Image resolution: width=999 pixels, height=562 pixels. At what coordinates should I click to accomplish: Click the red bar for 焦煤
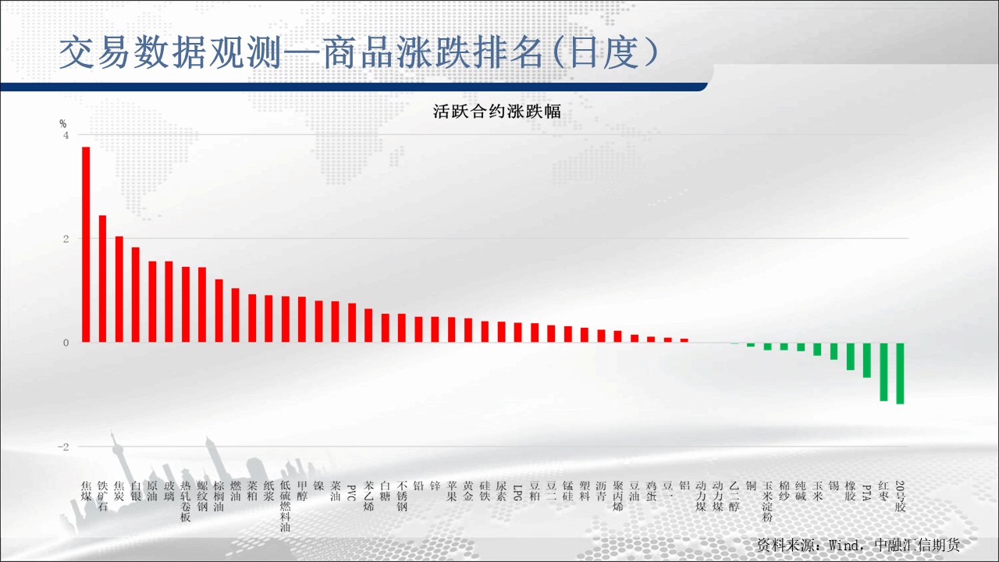(86, 244)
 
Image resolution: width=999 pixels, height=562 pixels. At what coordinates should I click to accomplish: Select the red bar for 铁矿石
(102, 279)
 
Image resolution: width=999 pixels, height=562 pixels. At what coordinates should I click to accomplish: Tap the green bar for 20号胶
(900, 373)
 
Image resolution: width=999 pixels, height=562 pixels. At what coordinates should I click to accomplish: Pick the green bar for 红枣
(883, 372)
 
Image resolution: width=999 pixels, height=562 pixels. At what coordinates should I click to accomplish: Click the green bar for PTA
(867, 360)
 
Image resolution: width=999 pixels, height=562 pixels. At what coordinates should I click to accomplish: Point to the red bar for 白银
(136, 295)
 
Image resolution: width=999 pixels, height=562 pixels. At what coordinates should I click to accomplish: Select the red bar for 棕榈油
(219, 311)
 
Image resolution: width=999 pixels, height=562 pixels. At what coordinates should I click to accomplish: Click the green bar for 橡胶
(851, 357)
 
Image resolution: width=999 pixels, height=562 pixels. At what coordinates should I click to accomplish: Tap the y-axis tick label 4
(66, 135)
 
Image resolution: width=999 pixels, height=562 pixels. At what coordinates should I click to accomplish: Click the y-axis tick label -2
(63, 447)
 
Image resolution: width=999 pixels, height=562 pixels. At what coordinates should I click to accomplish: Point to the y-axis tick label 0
(66, 343)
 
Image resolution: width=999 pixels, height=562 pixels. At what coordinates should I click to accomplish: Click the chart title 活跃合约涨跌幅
(496, 111)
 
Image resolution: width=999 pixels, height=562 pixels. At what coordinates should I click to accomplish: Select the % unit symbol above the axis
(63, 123)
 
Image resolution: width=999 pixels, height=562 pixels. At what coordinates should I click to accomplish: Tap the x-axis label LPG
(517, 493)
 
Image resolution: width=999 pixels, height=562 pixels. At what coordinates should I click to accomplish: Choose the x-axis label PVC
(351, 493)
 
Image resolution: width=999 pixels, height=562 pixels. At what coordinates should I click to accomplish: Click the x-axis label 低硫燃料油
(286, 507)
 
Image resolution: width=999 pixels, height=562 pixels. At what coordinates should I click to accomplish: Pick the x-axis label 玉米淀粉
(767, 501)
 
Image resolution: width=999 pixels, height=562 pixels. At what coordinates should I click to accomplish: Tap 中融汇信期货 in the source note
(917, 545)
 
